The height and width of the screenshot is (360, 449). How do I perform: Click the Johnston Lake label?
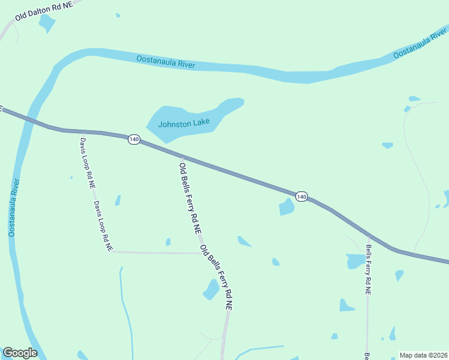184,124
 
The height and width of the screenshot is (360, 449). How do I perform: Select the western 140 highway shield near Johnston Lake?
133,139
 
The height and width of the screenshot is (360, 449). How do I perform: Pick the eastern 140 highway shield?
301,197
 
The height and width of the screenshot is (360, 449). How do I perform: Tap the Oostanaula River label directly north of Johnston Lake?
166,61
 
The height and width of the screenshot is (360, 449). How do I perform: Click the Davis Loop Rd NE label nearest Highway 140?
87,163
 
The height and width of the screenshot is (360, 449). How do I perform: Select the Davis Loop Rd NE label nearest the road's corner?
102,226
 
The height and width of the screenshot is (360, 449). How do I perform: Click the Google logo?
20,353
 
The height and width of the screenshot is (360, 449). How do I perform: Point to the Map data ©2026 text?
423,355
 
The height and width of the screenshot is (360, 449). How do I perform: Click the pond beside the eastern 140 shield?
286,208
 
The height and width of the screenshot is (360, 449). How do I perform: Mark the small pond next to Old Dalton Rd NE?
46,23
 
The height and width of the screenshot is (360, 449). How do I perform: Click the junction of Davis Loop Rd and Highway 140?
83,131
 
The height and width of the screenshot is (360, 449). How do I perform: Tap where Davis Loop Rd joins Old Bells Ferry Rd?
201,253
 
